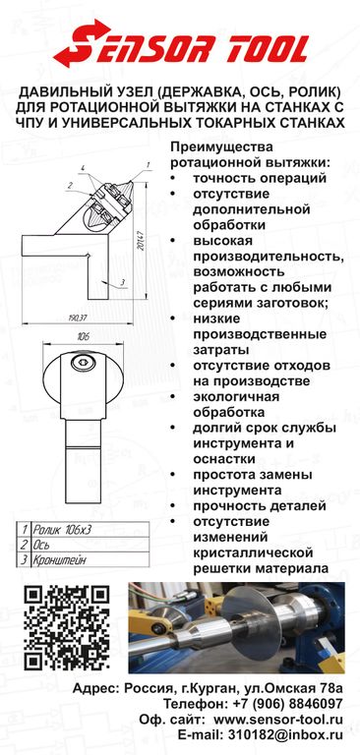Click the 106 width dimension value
coord(83,336)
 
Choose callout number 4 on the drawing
coord(83,167)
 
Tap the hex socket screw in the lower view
coord(84,363)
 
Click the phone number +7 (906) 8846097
coord(283,704)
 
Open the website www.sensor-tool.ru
coord(278,720)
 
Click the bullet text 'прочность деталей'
coord(260,506)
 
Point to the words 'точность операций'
coord(260,178)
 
